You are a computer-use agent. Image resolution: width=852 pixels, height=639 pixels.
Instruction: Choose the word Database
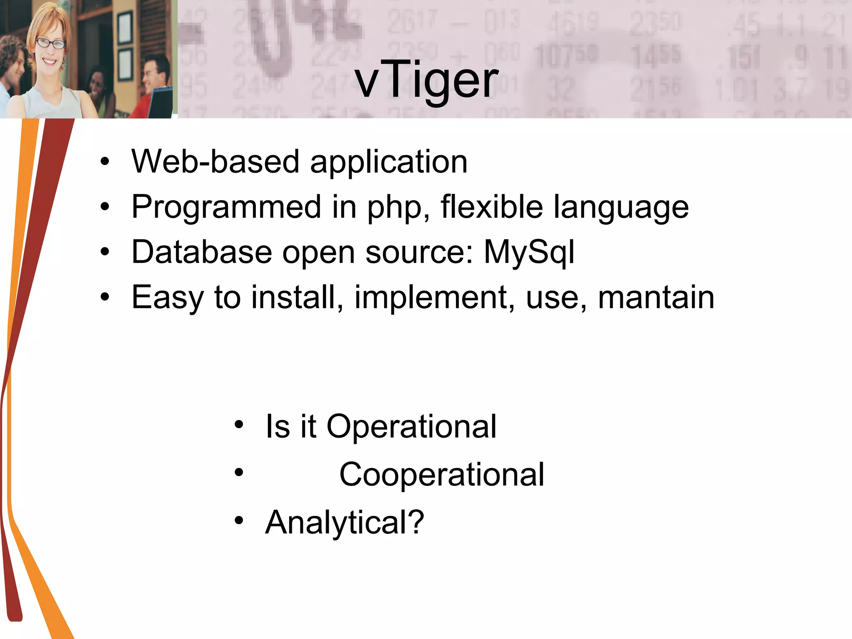[x=202, y=252]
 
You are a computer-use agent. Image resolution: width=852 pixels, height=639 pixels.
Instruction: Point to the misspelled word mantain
[x=656, y=297]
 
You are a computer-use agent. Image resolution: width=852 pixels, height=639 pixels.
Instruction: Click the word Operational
[x=411, y=427]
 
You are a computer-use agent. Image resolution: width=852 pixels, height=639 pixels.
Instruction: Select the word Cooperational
[x=441, y=475]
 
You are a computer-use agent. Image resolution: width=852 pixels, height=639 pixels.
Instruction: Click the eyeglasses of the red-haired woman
[x=51, y=43]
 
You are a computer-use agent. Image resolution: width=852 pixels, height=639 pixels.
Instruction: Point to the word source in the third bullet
[x=419, y=253]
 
